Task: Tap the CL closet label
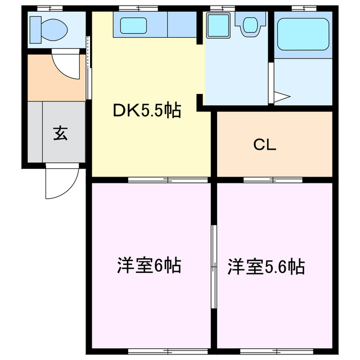tap(264, 145)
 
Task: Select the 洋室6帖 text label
tap(148, 265)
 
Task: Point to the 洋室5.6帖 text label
tap(266, 266)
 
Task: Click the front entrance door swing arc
tap(60, 183)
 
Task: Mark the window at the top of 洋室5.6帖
tap(273, 180)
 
